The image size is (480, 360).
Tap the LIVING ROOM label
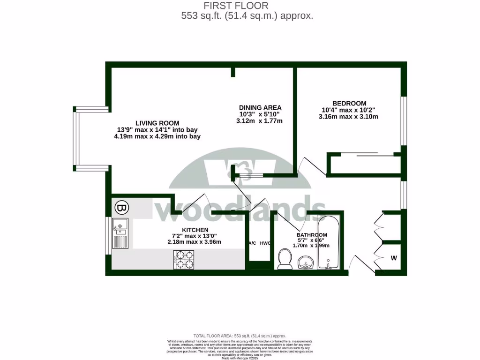click(x=154, y=123)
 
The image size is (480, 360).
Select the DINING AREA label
click(x=260, y=107)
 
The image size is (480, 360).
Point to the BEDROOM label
click(x=349, y=103)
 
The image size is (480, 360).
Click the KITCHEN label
click(x=195, y=230)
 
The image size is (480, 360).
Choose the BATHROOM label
click(x=311, y=235)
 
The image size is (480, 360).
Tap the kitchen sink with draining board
click(x=120, y=234)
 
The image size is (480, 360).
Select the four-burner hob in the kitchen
click(x=184, y=260)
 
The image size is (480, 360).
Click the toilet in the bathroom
click(x=285, y=259)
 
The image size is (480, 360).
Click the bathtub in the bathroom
click(x=329, y=242)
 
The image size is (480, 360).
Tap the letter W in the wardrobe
click(x=394, y=258)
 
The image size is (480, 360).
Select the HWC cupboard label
click(x=265, y=243)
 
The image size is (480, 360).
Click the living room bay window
click(x=76, y=138)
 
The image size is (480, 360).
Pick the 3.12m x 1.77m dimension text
click(x=260, y=121)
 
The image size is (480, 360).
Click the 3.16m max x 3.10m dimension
click(x=348, y=117)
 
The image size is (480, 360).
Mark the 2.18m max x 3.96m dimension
click(x=195, y=242)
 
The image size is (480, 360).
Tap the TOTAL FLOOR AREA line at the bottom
click(x=240, y=336)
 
